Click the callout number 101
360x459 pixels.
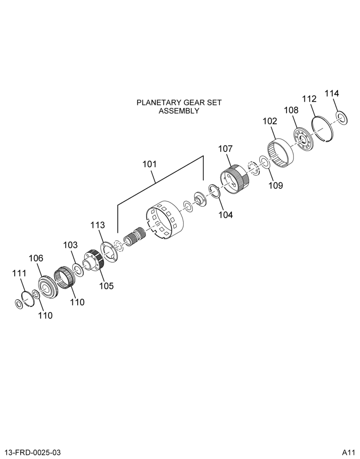pyautogui.click(x=149, y=164)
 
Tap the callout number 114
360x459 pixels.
pyautogui.click(x=332, y=93)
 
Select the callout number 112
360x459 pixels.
pyautogui.click(x=309, y=99)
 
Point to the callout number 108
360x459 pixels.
pyautogui.click(x=291, y=110)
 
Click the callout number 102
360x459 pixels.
pyautogui.click(x=270, y=121)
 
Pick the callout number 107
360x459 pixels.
pyautogui.click(x=225, y=149)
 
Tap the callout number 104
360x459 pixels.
pyautogui.click(x=225, y=215)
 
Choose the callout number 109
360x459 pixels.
pyautogui.click(x=276, y=185)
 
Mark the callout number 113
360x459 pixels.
pyautogui.click(x=97, y=225)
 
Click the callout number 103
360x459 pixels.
pyautogui.click(x=71, y=245)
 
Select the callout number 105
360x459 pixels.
pyautogui.click(x=106, y=285)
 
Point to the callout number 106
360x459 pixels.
pyautogui.click(x=36, y=258)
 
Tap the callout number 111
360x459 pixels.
pyautogui.click(x=19, y=273)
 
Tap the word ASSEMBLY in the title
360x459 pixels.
pyautogui.click(x=179, y=111)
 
